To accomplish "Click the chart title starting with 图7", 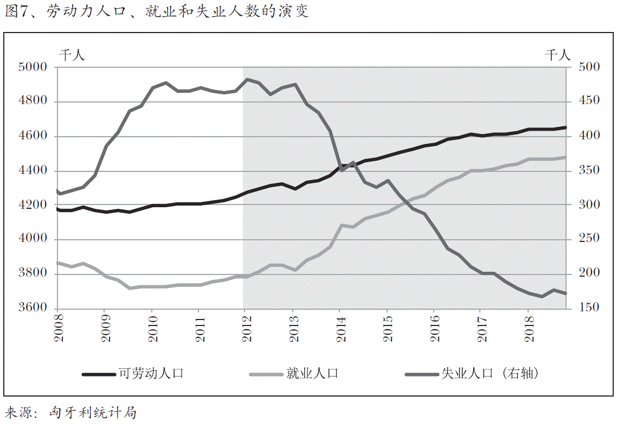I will click(x=157, y=11).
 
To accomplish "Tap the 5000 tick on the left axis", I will click(x=33, y=67).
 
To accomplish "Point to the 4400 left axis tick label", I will click(x=33, y=171).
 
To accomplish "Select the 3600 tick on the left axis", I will click(x=33, y=308).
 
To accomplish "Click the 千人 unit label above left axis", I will click(x=72, y=54).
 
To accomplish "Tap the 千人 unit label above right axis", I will click(x=558, y=54).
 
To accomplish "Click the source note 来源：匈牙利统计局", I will click(x=70, y=413).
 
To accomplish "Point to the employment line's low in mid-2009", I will click(x=130, y=288).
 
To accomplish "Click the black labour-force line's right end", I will click(x=566, y=127).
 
